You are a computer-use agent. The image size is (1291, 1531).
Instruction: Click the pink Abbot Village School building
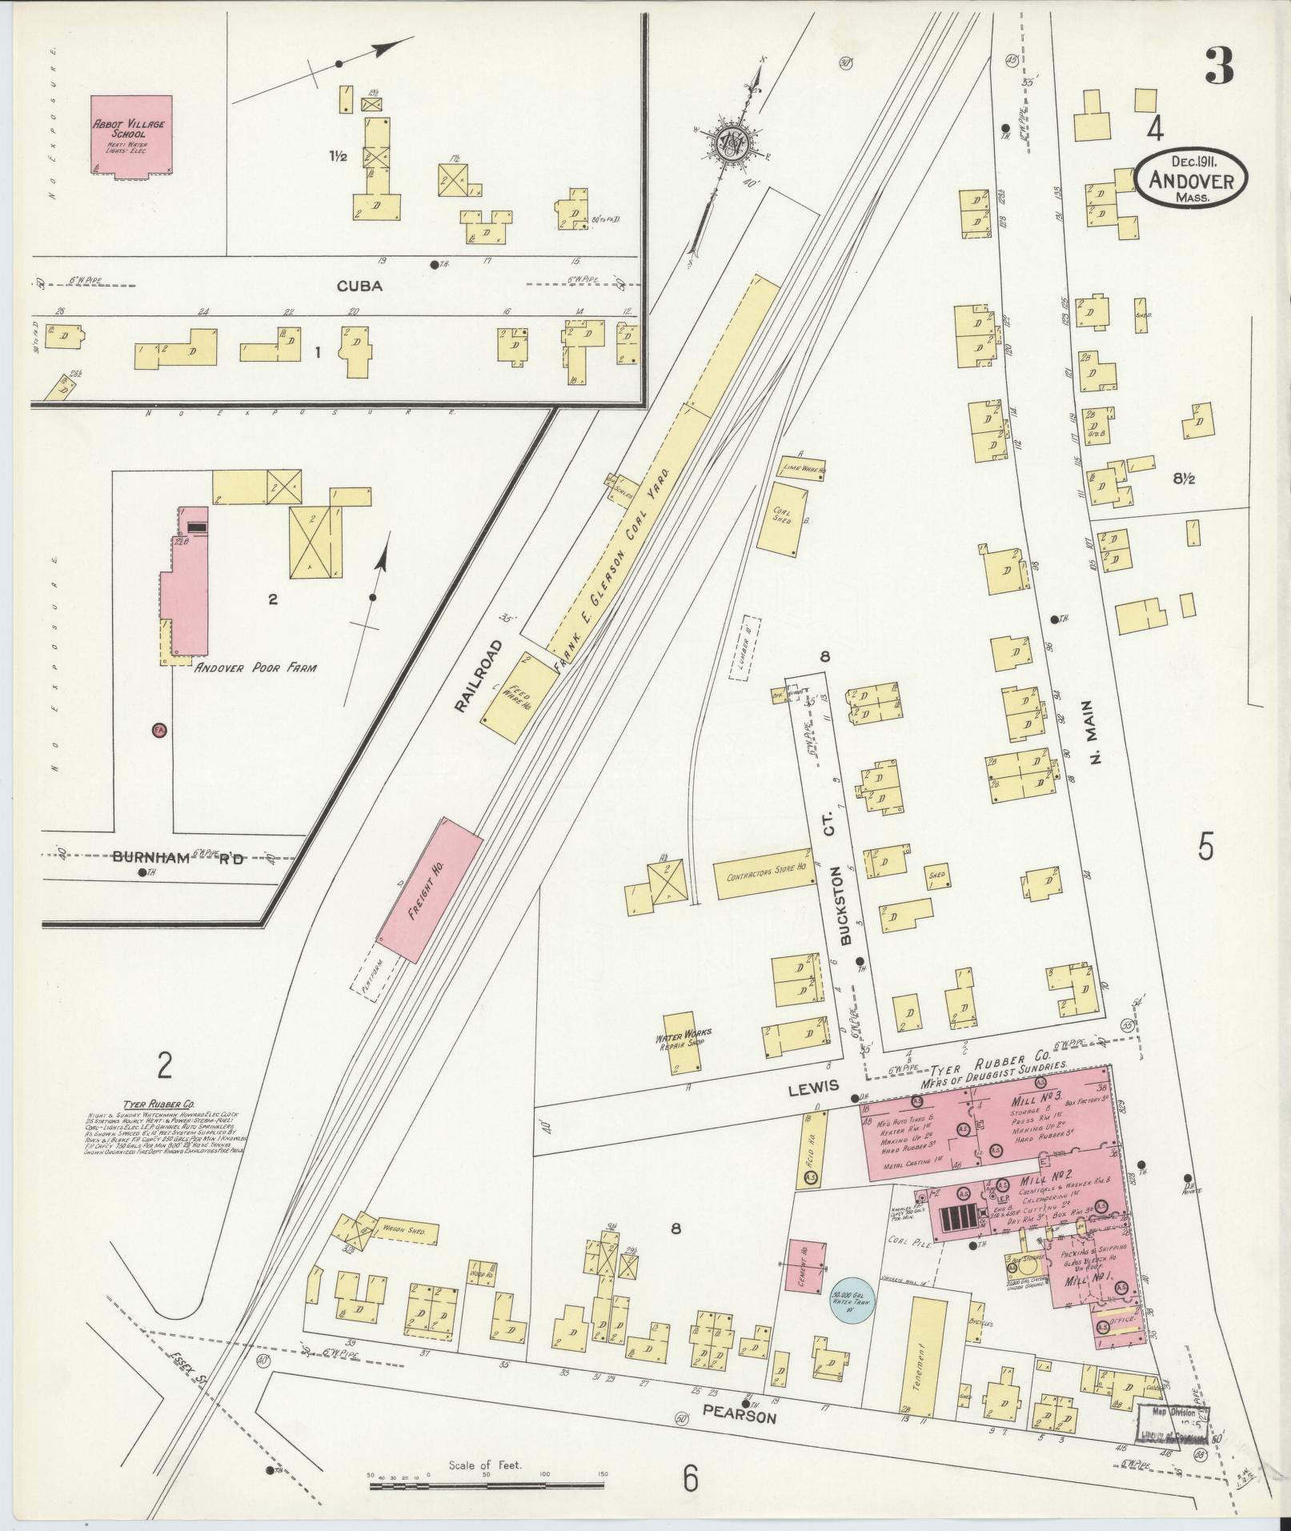tap(130, 134)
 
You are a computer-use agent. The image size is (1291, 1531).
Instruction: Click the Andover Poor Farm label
tap(255, 667)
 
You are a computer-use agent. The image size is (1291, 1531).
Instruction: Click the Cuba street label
tap(359, 287)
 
